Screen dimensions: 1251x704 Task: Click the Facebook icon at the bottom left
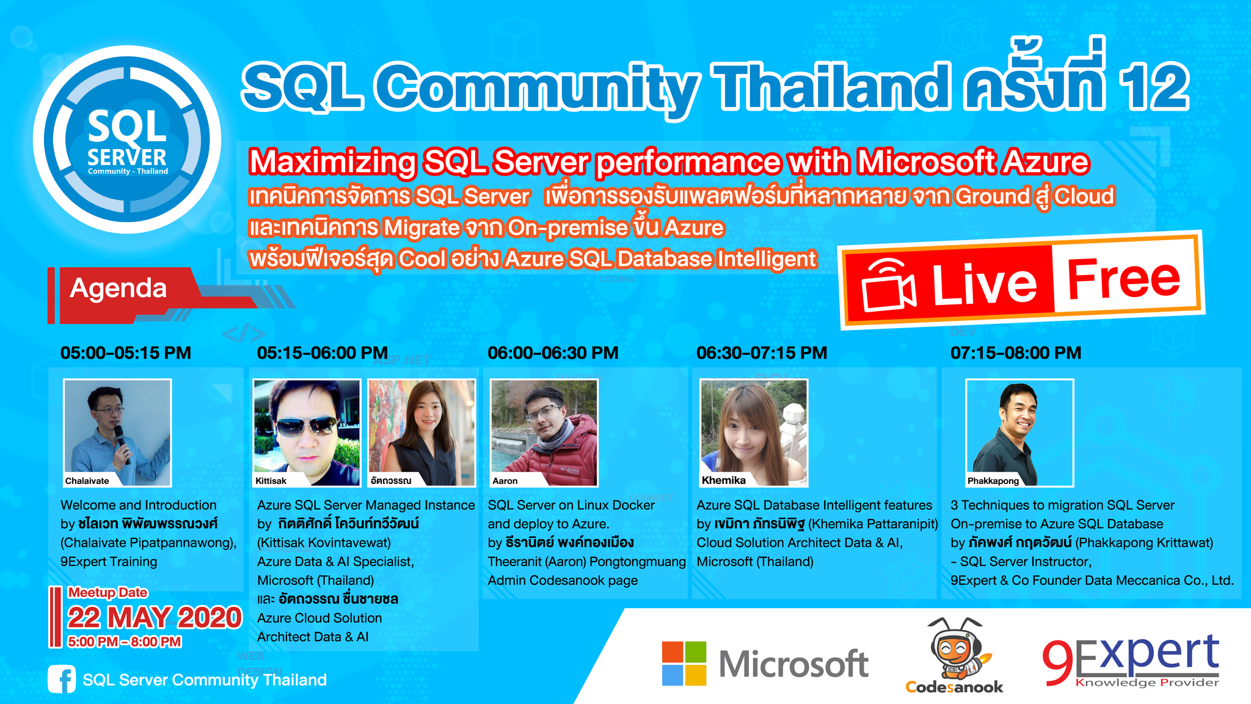[x=62, y=680]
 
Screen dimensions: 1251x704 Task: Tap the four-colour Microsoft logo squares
[x=684, y=663]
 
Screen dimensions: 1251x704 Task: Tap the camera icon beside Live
[x=888, y=285]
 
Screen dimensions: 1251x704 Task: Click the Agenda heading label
[x=119, y=288]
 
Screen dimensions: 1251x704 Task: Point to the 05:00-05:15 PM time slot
[x=126, y=353]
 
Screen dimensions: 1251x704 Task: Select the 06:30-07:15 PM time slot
[x=762, y=353]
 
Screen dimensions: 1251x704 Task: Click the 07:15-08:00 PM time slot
[x=1016, y=353]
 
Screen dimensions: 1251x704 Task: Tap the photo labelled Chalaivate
[x=117, y=433]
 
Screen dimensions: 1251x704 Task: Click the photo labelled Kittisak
[x=307, y=433]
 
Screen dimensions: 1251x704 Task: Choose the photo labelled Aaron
[x=544, y=433]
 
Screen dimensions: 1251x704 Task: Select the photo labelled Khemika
[x=754, y=433]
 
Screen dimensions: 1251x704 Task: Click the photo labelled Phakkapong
[x=1019, y=433]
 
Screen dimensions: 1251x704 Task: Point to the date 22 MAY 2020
[x=155, y=617]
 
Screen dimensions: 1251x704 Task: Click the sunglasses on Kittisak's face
[x=305, y=427]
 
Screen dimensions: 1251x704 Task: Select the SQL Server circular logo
[x=127, y=139]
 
